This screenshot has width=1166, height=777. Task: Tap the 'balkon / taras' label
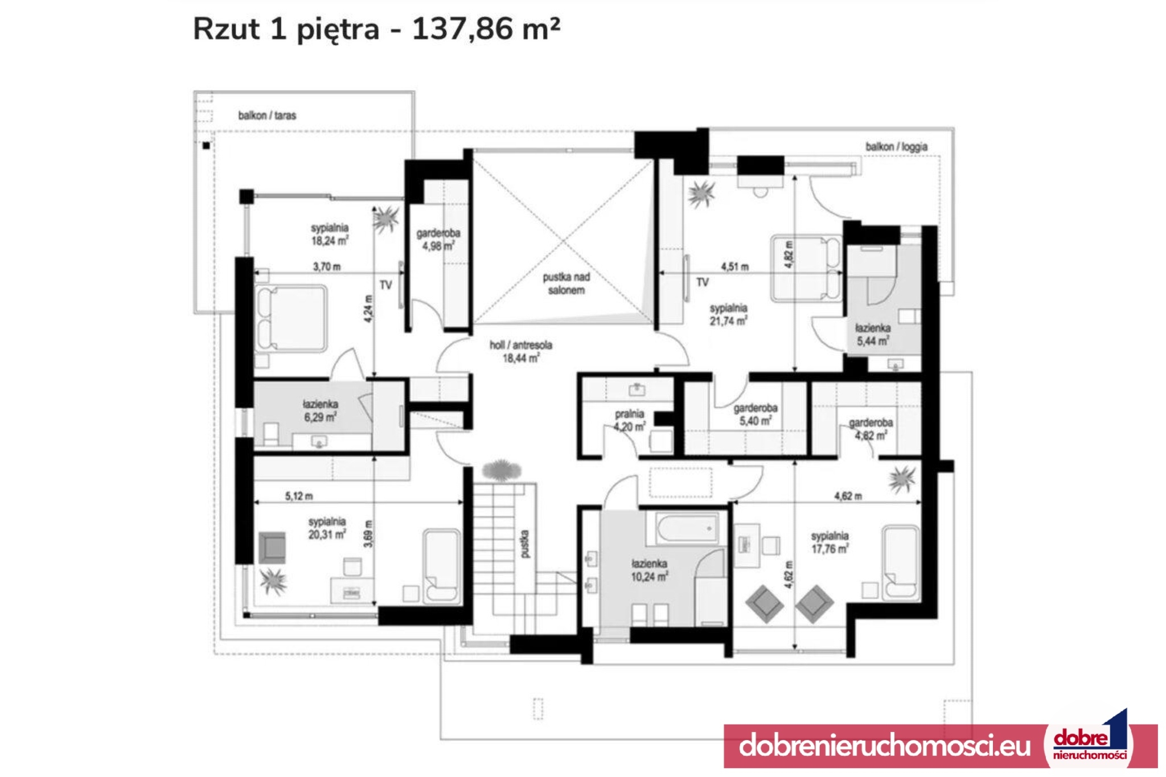pos(267,116)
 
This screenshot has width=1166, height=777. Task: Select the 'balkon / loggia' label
pos(897,147)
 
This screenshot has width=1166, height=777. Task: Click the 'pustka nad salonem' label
pos(566,283)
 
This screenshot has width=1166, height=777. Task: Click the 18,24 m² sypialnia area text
pos(330,241)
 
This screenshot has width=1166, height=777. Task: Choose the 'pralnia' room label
pos(630,414)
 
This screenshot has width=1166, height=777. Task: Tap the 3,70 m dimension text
pos(327,266)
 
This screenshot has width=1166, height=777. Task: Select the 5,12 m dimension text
pos(299,496)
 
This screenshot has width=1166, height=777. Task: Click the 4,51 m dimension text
pos(735,266)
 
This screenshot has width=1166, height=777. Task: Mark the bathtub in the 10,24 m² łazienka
pos(687,528)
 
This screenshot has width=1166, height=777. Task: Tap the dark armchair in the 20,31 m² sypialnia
pos(273,548)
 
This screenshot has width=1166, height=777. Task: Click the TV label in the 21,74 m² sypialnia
pos(703,282)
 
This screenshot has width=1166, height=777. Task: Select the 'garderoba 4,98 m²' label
pos(438,240)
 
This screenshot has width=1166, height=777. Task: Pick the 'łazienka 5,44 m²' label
pos(873,335)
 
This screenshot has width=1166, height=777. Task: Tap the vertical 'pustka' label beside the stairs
pos(524,544)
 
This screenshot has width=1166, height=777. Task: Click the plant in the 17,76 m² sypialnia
pos(902,479)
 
